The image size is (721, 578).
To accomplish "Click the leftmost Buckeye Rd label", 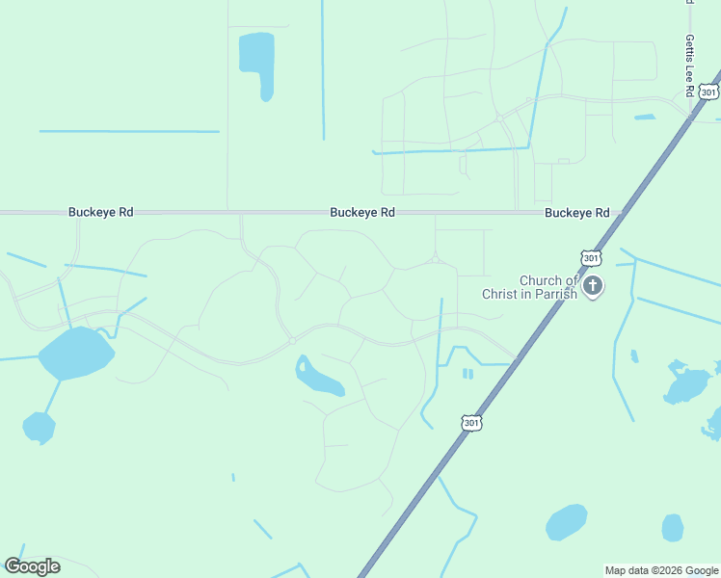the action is [100, 212].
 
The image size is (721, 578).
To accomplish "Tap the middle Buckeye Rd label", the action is [362, 212].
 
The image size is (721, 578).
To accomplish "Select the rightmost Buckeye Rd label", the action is [576, 212].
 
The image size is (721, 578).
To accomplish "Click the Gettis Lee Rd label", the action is [689, 66].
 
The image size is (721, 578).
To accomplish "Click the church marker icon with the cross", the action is [593, 285].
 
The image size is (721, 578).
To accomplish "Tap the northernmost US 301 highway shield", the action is [709, 92].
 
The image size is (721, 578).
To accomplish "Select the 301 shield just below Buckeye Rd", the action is [591, 257].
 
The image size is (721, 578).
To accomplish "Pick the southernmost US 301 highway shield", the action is [470, 422].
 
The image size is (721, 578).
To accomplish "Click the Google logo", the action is [32, 566].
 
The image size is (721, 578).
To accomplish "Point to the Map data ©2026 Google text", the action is [661, 570].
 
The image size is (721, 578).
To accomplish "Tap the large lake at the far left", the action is [76, 353].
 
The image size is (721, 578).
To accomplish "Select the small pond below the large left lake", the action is [39, 427].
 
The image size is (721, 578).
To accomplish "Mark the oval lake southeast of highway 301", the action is [566, 522].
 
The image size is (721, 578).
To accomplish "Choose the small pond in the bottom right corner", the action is [673, 527].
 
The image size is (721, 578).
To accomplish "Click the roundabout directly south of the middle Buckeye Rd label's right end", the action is [436, 258].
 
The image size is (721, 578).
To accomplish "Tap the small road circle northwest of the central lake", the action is [291, 340].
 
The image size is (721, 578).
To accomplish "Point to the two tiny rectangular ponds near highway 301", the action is [467, 374].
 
